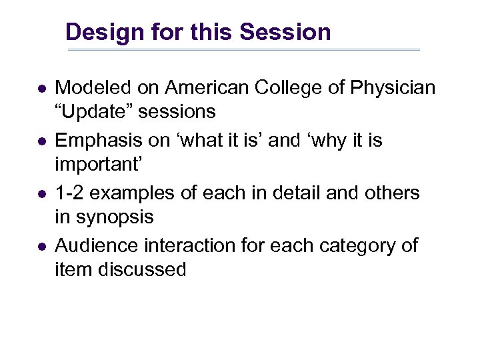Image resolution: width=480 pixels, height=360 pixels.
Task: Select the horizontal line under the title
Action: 243,50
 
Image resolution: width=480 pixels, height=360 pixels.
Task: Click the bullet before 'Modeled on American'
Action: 41,89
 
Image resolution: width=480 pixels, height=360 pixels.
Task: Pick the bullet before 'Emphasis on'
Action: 41,142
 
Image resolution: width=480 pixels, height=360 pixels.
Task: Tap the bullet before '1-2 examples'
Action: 41,195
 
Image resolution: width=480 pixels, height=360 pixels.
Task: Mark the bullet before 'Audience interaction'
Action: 41,247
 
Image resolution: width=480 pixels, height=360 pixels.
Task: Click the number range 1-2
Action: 70,193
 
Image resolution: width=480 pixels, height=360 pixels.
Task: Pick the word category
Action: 353,246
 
